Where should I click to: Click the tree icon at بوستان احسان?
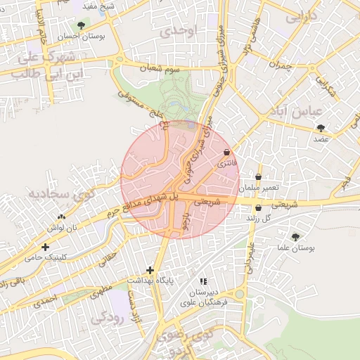pyautogui.click(x=82, y=26)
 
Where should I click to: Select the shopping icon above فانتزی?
pyautogui.click(x=226, y=152)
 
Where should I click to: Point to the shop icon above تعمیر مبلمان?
pyautogui.click(x=259, y=177)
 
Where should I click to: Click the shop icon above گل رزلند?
pyautogui.click(x=259, y=207)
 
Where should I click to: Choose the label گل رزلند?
pyautogui.click(x=259, y=219)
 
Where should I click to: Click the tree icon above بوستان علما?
pyautogui.click(x=295, y=237)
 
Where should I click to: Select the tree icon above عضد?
pyautogui.click(x=321, y=128)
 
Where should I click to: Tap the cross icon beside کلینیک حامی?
pyautogui.click(x=45, y=247)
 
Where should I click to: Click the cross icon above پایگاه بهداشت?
pyautogui.click(x=149, y=270)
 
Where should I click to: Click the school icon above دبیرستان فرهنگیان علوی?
pyautogui.click(x=204, y=281)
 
